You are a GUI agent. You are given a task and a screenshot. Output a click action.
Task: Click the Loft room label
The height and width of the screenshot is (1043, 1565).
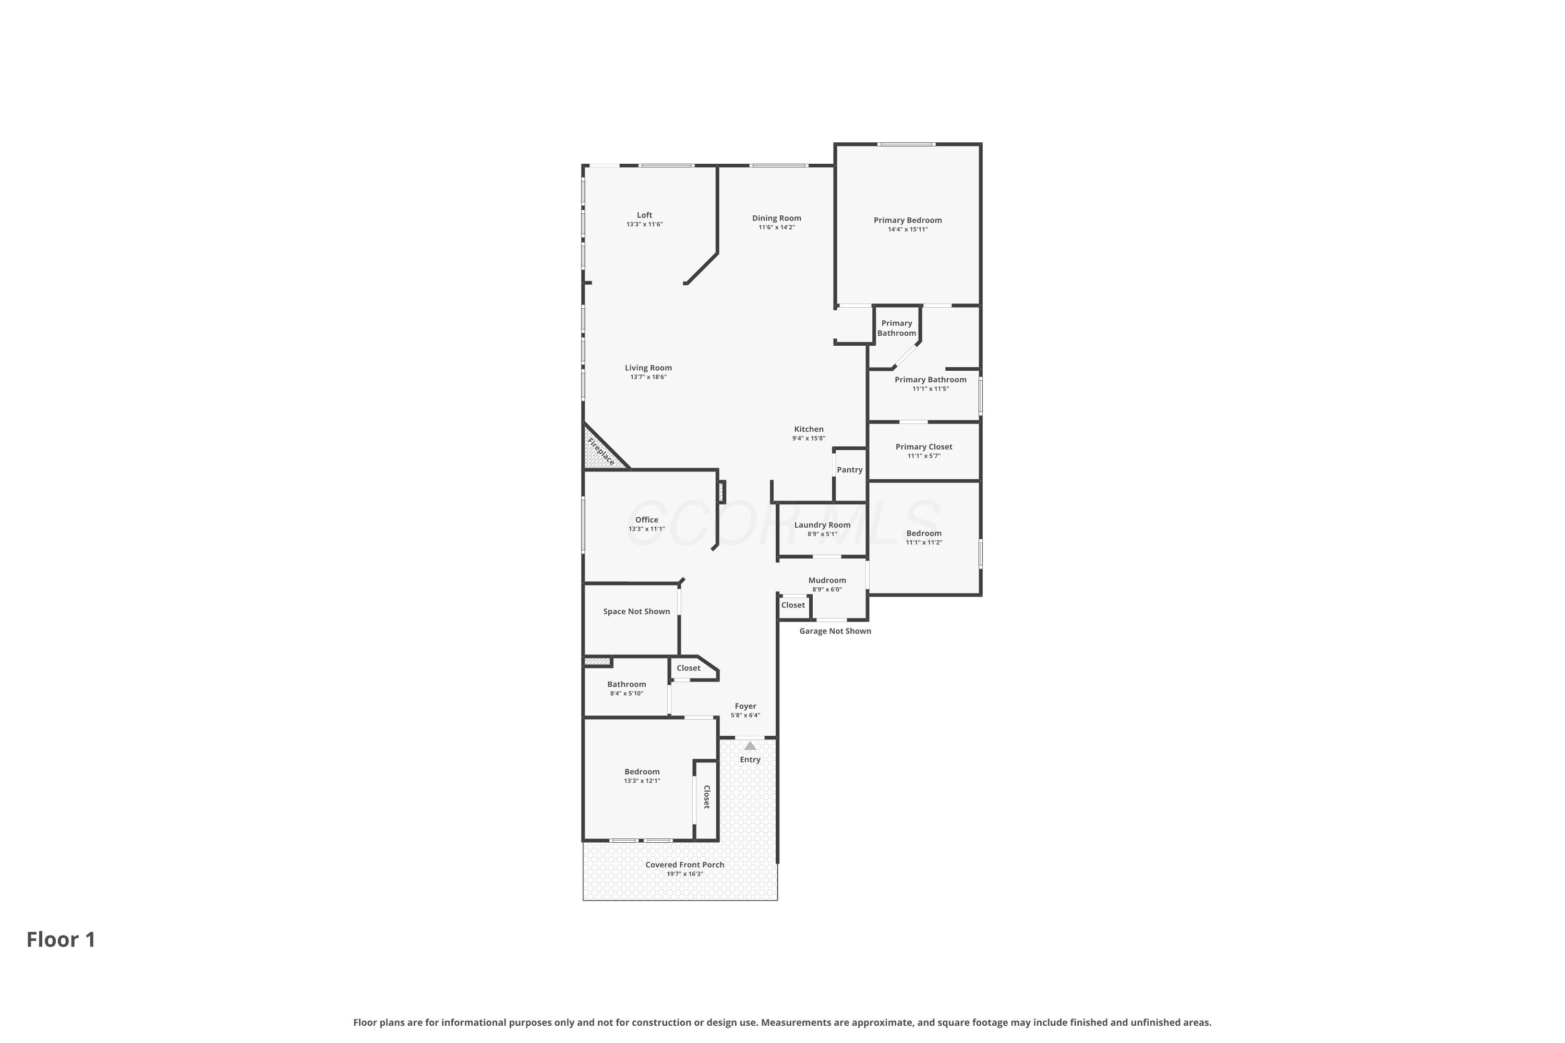pos(644,215)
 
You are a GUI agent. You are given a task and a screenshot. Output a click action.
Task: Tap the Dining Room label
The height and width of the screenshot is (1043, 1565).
pos(777,218)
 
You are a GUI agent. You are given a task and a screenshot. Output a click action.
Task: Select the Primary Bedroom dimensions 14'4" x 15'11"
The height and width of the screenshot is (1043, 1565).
pos(908,229)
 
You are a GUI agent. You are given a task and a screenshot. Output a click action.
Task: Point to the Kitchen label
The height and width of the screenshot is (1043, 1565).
pos(809,429)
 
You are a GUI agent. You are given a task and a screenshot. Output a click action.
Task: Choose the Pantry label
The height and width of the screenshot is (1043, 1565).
pos(850,470)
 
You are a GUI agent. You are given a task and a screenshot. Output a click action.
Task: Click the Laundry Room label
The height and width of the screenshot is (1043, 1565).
pos(823,525)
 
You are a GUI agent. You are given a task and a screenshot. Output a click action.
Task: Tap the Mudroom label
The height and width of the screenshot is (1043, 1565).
pos(827,580)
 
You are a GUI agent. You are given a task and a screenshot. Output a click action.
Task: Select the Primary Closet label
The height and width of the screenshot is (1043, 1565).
pos(923,447)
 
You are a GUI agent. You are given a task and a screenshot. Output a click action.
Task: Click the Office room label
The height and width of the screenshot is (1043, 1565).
pos(647,519)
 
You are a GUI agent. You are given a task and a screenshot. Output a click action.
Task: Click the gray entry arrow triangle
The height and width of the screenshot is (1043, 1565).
pos(750,746)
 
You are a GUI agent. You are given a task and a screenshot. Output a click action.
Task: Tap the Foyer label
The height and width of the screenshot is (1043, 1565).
pos(745,707)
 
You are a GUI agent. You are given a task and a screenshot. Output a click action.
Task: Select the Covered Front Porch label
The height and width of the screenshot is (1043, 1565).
pos(684,865)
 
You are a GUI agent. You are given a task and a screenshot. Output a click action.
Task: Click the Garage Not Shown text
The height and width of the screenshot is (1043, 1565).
pos(835,630)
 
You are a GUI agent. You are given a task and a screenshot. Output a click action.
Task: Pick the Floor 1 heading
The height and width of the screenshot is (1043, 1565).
pos(61,939)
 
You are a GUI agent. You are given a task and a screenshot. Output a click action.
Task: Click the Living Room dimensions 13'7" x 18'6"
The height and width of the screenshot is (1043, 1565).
pos(648,377)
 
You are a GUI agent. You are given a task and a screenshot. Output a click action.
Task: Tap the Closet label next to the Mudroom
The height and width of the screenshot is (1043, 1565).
pos(792,605)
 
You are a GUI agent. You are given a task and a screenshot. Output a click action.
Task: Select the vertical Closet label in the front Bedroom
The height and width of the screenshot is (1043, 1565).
pos(707,797)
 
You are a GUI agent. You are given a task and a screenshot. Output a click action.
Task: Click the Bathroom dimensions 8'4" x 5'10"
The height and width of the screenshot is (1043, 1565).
pos(626,694)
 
